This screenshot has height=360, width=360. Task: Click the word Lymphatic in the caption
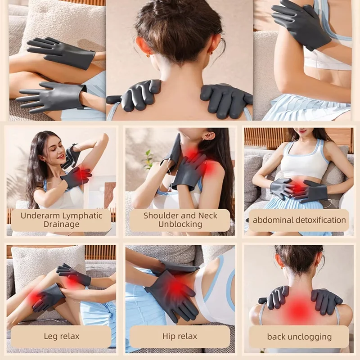pyautogui.click(x=82, y=216)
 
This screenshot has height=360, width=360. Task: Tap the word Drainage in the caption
pyautogui.click(x=62, y=224)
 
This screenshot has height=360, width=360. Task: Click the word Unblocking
pyautogui.click(x=180, y=224)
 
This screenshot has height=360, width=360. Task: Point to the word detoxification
pyautogui.click(x=316, y=220)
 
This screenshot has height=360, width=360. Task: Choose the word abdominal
pyautogui.click(x=268, y=220)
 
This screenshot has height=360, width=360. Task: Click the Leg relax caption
pyautogui.click(x=62, y=336)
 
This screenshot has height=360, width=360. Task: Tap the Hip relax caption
pyautogui.click(x=180, y=336)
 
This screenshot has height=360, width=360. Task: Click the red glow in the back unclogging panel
pyautogui.click(x=299, y=308)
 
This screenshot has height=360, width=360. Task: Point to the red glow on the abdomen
pyautogui.click(x=297, y=187)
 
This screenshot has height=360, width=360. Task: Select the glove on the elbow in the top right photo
pyautogui.click(x=301, y=23)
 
